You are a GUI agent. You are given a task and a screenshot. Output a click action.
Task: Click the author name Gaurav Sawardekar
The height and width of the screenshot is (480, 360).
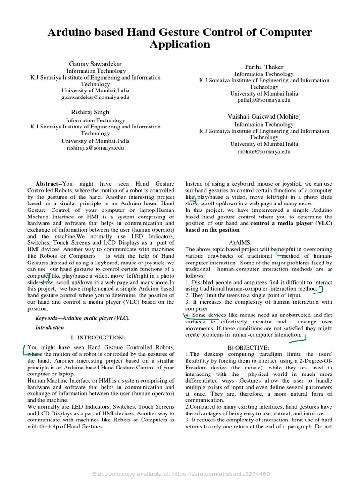pos(96,63)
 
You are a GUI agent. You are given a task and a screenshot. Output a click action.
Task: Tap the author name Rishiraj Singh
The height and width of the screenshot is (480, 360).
pos(90,112)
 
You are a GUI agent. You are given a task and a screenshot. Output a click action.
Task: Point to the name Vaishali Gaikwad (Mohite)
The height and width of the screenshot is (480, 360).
pos(264,116)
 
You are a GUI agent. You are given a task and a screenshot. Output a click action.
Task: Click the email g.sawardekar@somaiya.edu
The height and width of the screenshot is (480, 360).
pos(96,97)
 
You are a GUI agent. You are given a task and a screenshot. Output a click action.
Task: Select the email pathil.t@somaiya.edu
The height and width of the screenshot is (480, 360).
pos(264,100)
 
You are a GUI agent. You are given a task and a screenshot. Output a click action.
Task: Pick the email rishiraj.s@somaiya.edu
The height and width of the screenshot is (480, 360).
pos(96,147)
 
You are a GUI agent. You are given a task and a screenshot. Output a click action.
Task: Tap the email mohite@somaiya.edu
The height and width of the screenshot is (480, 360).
pos(264,151)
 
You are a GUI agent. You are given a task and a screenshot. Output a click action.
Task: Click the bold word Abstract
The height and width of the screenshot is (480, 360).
pos(47,184)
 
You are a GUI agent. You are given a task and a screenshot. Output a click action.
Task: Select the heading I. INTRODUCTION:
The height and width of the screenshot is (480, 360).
pos(97,337)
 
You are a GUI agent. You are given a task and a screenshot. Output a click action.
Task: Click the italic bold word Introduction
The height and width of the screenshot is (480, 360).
pos(50,328)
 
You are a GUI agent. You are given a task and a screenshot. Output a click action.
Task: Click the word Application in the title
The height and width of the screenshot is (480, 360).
pos(180,45)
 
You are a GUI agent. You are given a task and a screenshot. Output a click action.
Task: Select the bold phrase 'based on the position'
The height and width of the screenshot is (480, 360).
pos(212,230)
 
